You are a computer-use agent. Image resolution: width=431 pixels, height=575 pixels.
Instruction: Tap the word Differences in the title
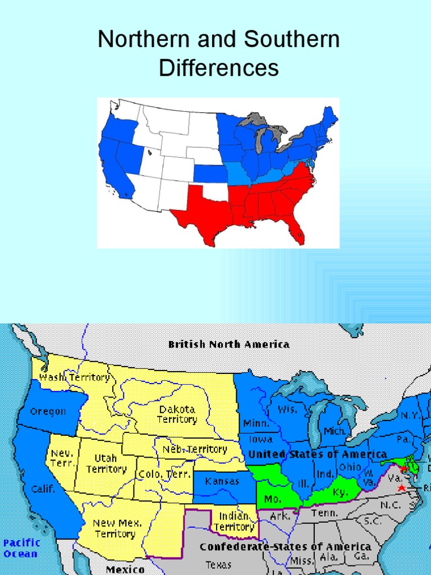[x=218, y=69]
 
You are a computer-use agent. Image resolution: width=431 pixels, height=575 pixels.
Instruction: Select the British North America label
[x=229, y=344]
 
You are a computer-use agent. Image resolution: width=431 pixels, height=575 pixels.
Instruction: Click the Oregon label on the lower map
[x=48, y=412]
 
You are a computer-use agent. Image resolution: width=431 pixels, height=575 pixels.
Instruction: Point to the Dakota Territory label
[x=177, y=414]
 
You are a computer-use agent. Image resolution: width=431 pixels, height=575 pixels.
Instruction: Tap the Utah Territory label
[x=106, y=464]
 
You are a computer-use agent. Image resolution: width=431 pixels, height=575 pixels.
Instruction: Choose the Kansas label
[x=222, y=481]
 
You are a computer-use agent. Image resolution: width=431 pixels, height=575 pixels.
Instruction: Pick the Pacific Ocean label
[x=21, y=548]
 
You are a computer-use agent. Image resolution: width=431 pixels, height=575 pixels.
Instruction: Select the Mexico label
[x=125, y=569]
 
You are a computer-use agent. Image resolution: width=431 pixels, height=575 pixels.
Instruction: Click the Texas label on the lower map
[x=218, y=565]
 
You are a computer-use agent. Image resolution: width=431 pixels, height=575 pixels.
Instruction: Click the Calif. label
[x=43, y=489]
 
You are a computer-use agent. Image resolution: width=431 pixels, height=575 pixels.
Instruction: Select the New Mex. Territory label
[x=117, y=528]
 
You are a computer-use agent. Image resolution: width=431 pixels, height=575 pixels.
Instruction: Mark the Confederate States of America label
[x=285, y=546]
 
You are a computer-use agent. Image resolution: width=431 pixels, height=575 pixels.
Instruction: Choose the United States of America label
[x=318, y=454]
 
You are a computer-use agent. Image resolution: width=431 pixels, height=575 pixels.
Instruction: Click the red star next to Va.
[x=401, y=488]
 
